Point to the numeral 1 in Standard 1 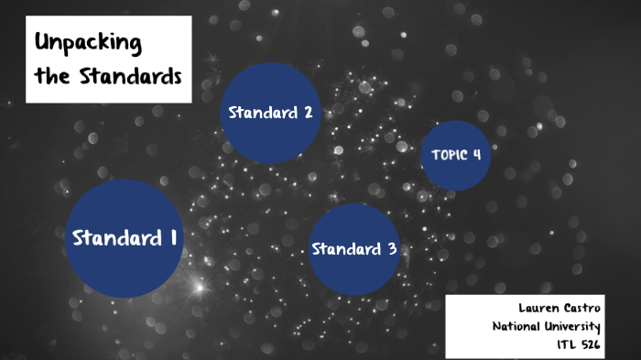[x=172, y=237]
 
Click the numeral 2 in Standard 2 [x=308, y=113]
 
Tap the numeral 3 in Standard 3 [x=392, y=249]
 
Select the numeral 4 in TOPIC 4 [x=476, y=154]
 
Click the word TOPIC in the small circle [x=448, y=154]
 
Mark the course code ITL [x=566, y=345]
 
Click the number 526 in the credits [x=590, y=345]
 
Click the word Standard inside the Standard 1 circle [x=116, y=237]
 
